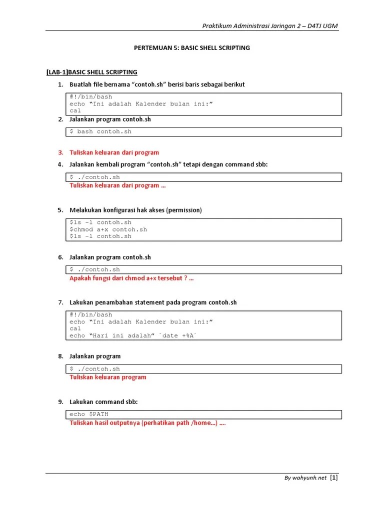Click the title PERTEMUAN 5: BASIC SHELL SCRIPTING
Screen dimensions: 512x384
click(192, 48)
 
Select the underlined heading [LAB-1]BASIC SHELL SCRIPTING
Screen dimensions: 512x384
click(91, 72)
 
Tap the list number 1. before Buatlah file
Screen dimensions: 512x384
click(60, 84)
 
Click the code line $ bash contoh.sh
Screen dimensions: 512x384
click(100, 132)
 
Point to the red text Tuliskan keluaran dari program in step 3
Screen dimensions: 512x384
click(114, 152)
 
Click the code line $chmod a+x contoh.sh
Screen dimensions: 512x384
click(108, 229)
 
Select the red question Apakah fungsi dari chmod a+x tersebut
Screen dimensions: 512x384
click(131, 278)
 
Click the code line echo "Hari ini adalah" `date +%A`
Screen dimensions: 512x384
click(133, 335)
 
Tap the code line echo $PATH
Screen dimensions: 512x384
click(89, 414)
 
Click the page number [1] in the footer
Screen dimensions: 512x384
click(334, 477)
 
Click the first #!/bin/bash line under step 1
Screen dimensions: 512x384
click(91, 97)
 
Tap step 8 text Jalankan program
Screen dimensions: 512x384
click(95, 356)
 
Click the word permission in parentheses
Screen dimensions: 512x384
click(185, 210)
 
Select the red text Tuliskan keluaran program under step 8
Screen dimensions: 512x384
click(107, 377)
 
